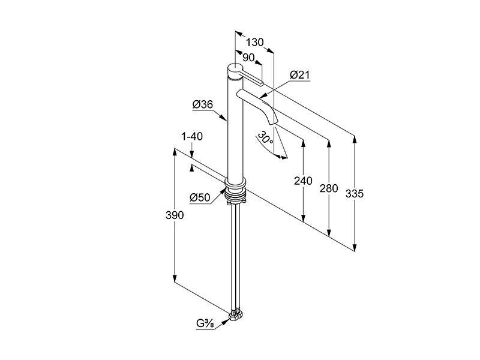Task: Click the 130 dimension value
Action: [x=254, y=42]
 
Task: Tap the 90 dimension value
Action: [x=248, y=58]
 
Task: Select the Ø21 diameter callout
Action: [x=299, y=74]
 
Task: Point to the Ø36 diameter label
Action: [x=203, y=104]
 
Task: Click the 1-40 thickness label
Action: [x=192, y=137]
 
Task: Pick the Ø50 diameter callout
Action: [x=200, y=197]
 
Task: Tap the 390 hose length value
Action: [x=175, y=215]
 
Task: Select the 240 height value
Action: [x=303, y=181]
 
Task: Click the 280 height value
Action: [x=329, y=188]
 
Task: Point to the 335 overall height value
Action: [x=355, y=193]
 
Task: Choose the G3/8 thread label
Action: [x=205, y=324]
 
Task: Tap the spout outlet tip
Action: [x=273, y=123]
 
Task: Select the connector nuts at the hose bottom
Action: [x=235, y=315]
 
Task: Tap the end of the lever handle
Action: [x=261, y=83]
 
